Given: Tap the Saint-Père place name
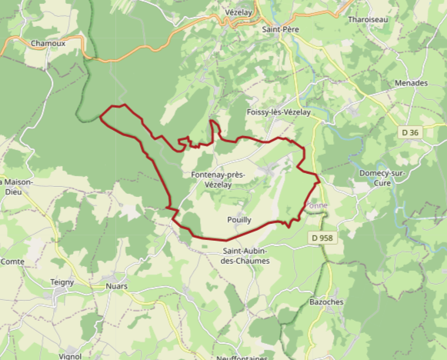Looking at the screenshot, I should tap(280, 29).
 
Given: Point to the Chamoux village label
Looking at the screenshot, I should tap(48, 44).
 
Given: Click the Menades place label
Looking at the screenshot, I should tap(411, 82).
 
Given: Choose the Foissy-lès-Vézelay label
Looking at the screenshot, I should tap(278, 112).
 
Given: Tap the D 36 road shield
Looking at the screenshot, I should tap(411, 133).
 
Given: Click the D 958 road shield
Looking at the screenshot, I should tap(322, 238).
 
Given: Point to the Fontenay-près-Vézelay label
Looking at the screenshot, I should tap(218, 180).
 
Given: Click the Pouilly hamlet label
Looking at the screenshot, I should tap(240, 220).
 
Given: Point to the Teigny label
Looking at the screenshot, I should tap(62, 282).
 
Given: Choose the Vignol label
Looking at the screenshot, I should tap(70, 356).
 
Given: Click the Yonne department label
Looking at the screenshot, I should tap(316, 206).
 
